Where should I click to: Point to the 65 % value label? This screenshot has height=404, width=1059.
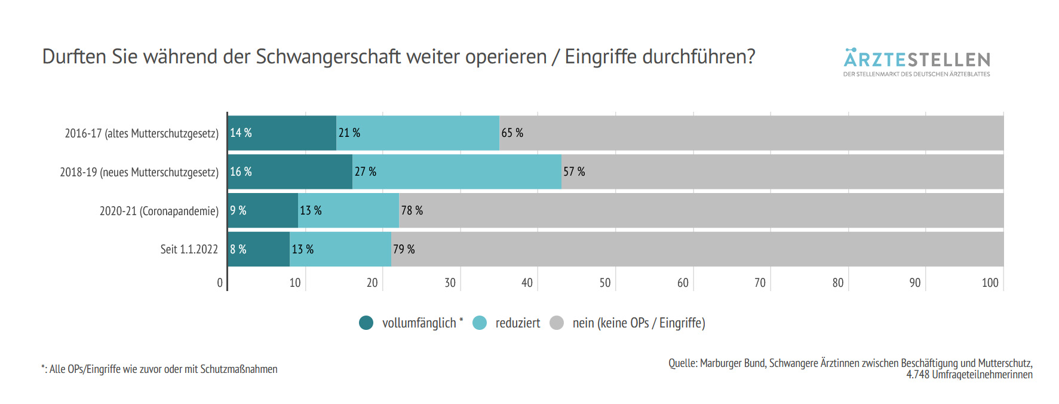[512, 133]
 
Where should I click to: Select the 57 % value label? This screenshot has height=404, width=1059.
[574, 172]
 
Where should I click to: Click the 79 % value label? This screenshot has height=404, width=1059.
[404, 249]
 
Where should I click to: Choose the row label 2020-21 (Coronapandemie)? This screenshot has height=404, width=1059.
[159, 211]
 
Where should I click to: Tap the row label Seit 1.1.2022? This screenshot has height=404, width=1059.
[189, 249]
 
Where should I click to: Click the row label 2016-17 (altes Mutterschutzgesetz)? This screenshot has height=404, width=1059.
[142, 133]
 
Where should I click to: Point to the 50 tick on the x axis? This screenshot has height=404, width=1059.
[605, 283]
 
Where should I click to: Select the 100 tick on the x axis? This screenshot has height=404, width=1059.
[990, 283]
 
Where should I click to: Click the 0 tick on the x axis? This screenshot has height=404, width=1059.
[220, 283]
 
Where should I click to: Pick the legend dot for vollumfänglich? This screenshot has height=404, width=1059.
[366, 323]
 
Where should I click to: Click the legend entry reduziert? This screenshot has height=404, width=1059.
[517, 323]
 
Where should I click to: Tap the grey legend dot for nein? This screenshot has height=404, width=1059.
[557, 323]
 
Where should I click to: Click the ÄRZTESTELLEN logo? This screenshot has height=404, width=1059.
[916, 62]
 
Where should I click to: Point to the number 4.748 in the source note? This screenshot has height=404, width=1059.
[917, 375]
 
